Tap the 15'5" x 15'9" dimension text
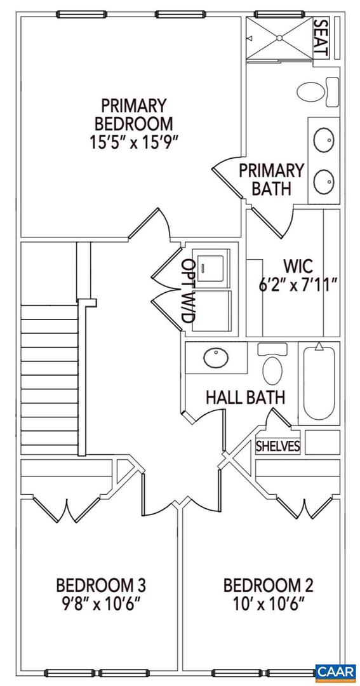click(133, 140)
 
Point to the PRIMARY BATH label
click(271, 179)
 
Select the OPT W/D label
click(188, 293)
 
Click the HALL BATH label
click(245, 398)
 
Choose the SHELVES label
click(277, 447)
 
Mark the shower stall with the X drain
click(279, 38)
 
